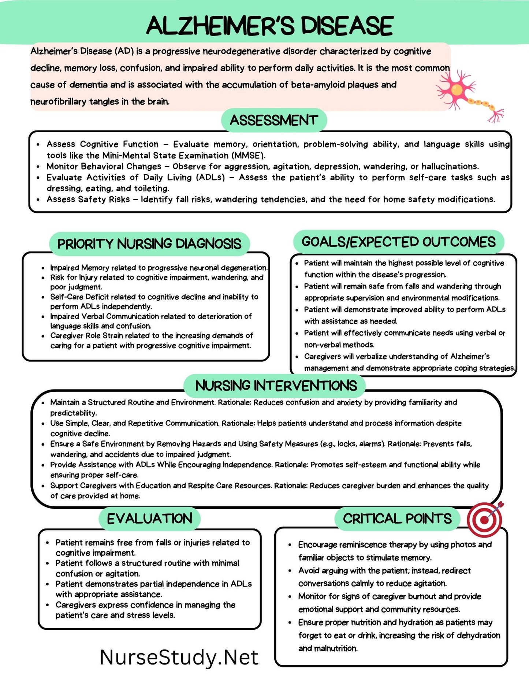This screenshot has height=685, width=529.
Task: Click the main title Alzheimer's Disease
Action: tap(270, 26)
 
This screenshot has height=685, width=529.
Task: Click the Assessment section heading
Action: tap(274, 120)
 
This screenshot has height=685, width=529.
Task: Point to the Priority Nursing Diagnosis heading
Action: tap(149, 244)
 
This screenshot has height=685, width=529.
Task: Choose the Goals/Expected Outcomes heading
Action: tap(398, 242)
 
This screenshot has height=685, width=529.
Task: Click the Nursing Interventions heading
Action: tap(276, 386)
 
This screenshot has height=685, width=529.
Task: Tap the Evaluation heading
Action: tap(149, 518)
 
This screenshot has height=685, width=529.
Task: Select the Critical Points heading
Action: tap(397, 518)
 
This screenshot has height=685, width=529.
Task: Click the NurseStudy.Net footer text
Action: tap(179, 657)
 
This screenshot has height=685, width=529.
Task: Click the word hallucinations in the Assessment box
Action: tap(450, 167)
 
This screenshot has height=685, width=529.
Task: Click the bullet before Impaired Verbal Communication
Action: tap(43, 317)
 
